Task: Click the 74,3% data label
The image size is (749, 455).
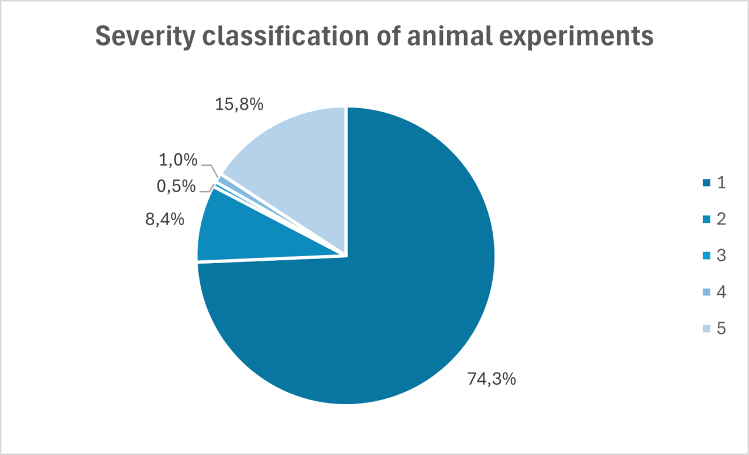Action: tap(492, 379)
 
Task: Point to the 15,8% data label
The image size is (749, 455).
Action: tap(239, 105)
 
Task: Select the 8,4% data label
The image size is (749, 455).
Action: tap(165, 220)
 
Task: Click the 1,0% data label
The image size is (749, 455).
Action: tap(177, 160)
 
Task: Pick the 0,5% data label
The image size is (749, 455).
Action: tap(176, 187)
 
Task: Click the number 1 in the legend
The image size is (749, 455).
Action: tap(721, 182)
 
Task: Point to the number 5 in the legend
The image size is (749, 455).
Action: tap(721, 329)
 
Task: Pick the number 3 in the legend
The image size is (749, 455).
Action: tap(721, 256)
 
